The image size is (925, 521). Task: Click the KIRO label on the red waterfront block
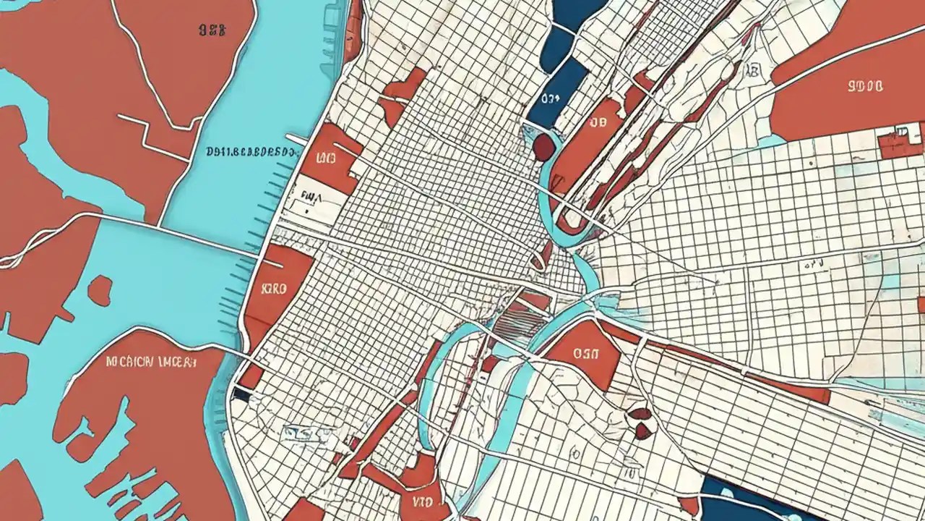274,288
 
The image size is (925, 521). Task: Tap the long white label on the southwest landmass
150,361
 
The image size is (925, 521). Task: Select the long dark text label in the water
251,153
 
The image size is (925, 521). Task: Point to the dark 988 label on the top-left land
212,30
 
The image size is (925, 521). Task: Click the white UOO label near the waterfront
326,157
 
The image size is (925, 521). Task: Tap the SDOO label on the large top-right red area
864,87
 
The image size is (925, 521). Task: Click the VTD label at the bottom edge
421,501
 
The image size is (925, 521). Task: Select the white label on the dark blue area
550,98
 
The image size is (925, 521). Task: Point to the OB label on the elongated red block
597,122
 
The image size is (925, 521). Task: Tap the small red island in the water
100,289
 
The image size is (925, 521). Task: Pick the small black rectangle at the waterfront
241,395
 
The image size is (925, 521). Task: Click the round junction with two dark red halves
640,422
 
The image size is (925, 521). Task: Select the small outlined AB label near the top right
753,70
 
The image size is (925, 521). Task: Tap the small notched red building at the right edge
900,141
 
